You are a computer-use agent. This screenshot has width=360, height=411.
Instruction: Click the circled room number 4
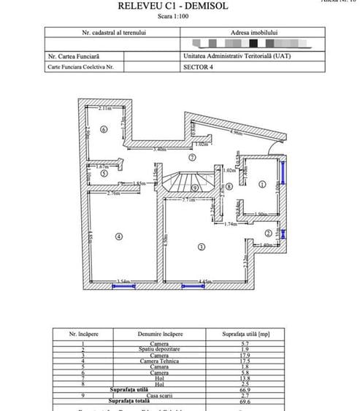click(118, 235)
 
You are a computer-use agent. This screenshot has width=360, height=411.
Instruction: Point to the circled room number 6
click(104, 129)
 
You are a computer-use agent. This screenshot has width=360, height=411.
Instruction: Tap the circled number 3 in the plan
click(201, 247)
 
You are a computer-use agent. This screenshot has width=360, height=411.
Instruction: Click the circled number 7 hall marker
click(192, 157)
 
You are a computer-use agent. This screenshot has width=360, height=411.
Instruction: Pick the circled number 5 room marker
click(104, 174)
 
